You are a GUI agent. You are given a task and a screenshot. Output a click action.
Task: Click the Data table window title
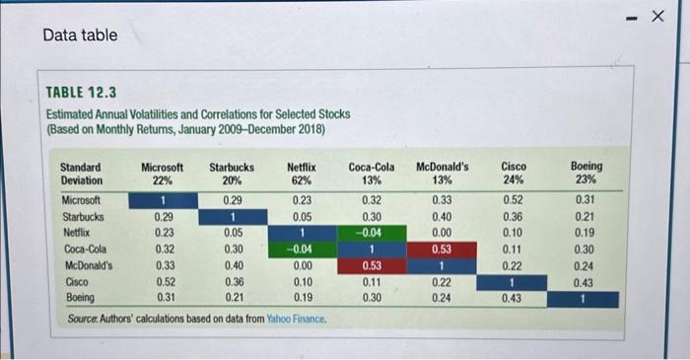[x=80, y=36]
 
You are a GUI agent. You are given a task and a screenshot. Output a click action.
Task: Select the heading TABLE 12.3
[x=82, y=94]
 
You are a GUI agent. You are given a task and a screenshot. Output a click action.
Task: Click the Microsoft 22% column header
[x=163, y=174]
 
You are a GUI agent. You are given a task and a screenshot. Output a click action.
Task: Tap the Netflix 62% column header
[x=302, y=174]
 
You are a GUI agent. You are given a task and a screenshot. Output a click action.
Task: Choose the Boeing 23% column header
[x=586, y=174]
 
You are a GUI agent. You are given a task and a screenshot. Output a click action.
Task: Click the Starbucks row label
[x=84, y=217]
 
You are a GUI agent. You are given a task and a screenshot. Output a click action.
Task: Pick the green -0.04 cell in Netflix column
[x=302, y=250]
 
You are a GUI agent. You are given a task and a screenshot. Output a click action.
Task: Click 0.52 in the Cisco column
[x=511, y=201]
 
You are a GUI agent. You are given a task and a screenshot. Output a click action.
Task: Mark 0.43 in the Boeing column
[x=586, y=281]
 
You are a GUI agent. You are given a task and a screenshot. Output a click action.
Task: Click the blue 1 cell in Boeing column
[x=586, y=297]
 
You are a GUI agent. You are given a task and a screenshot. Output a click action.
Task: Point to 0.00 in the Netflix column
[x=302, y=265]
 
